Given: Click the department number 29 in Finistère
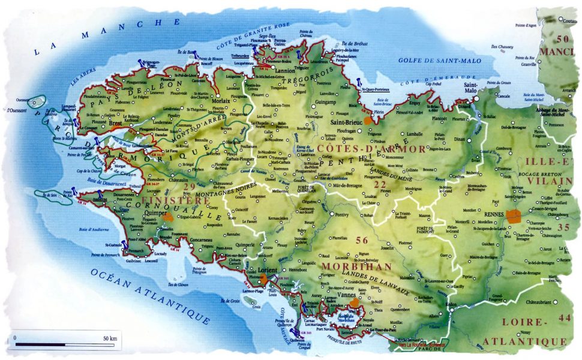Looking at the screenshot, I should [x=190, y=187].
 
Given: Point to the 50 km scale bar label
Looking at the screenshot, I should [x=110, y=339].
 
